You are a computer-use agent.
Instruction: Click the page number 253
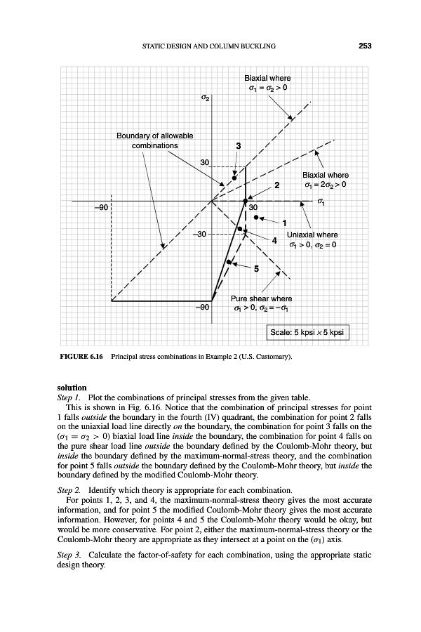click(x=363, y=46)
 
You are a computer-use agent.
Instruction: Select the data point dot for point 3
click(x=234, y=178)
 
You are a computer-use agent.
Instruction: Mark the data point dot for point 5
click(x=229, y=263)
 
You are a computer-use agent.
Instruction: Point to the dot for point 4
click(x=239, y=229)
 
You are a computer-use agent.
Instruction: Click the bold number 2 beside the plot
click(x=277, y=185)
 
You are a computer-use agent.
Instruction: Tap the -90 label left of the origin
click(x=101, y=208)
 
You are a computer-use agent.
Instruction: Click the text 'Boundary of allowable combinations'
click(x=155, y=140)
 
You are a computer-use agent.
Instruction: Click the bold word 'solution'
click(x=72, y=387)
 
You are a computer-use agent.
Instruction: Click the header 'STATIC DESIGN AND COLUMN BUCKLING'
click(x=207, y=46)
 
